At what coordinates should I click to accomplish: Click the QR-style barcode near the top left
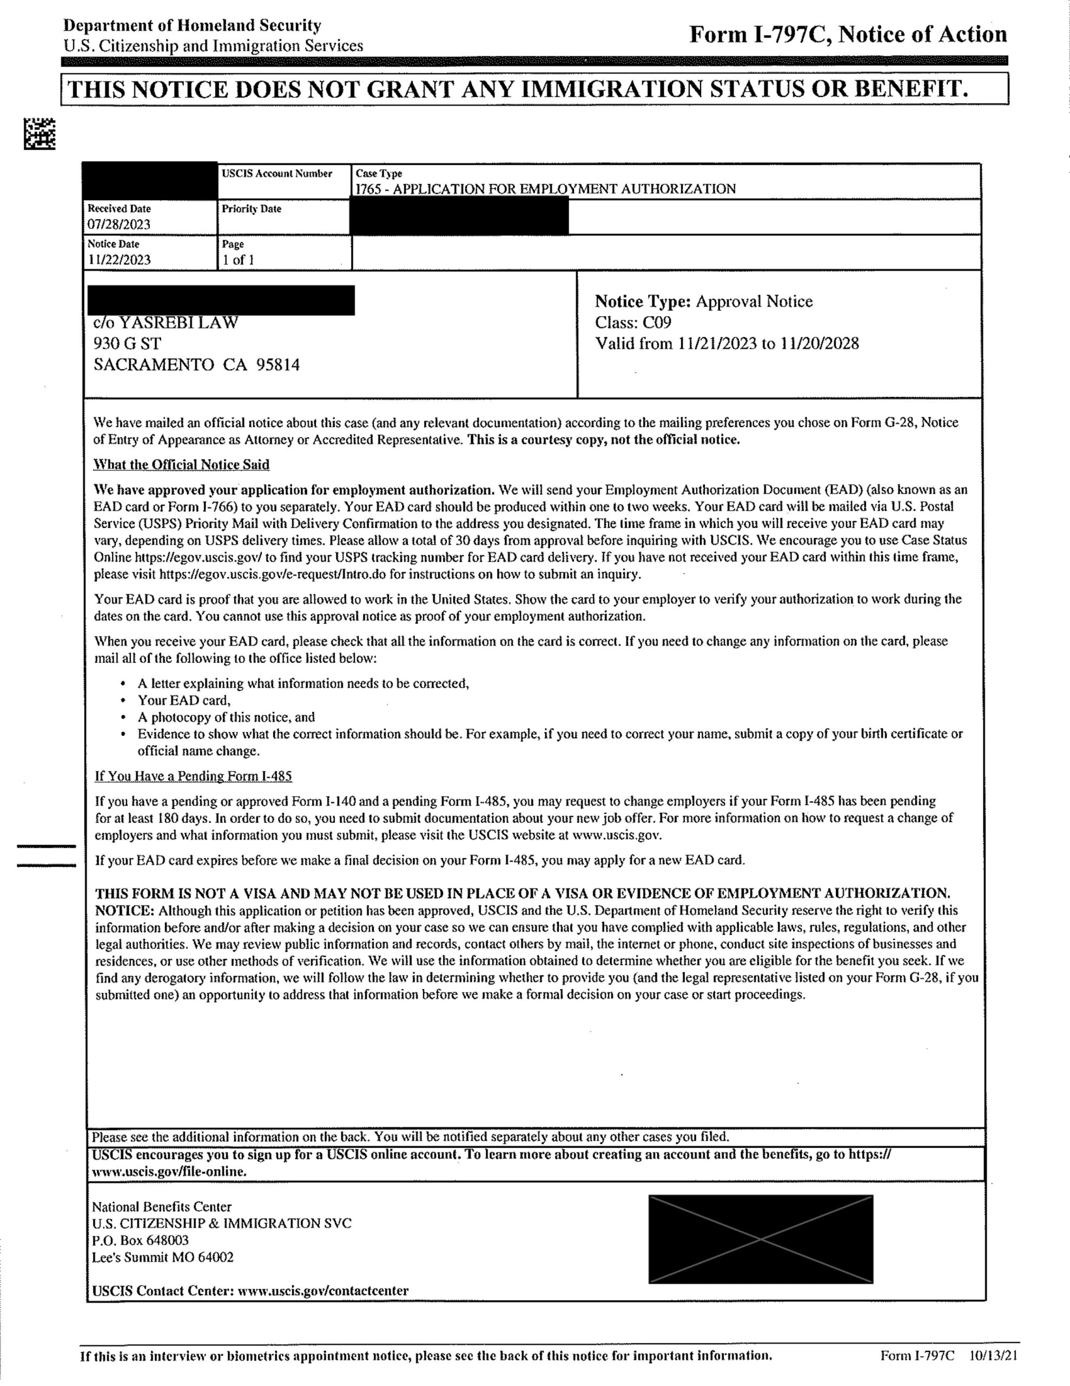[x=39, y=134]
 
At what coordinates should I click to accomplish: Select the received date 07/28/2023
[x=119, y=224]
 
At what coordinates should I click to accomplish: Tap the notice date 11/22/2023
[x=119, y=259]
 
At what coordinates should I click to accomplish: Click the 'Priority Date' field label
[x=251, y=209]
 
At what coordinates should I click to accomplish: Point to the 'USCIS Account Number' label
[x=276, y=173]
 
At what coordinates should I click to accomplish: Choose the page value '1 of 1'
[x=238, y=259]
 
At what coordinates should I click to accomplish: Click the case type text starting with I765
[x=545, y=188]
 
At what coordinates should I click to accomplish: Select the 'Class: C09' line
[x=632, y=322]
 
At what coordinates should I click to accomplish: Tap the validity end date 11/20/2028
[x=820, y=343]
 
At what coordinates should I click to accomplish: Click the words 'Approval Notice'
[x=754, y=301]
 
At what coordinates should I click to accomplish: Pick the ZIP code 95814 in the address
[x=278, y=365]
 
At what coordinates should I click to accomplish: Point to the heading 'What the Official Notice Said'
[x=181, y=465]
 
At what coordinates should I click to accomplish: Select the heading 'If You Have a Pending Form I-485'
[x=194, y=776]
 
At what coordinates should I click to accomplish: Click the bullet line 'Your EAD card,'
[x=184, y=700]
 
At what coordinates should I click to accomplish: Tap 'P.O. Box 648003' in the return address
[x=140, y=1240]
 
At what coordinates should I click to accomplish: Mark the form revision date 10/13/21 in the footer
[x=994, y=1356]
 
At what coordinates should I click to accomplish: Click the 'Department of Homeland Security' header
[x=192, y=25]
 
